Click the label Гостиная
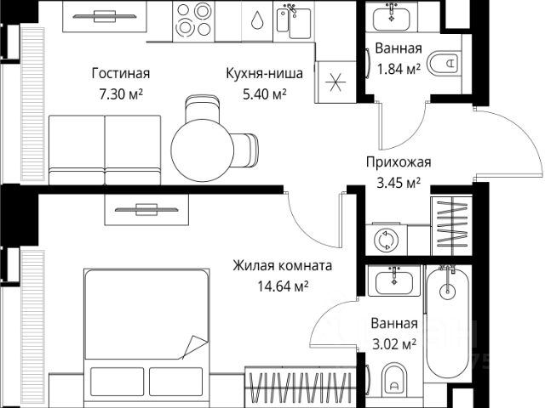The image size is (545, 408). (x=120, y=72)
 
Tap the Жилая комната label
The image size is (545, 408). (x=282, y=266)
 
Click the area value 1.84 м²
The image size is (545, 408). (x=397, y=69)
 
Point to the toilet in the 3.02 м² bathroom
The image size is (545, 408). (x=393, y=382)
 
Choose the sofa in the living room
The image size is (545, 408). (x=103, y=145)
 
